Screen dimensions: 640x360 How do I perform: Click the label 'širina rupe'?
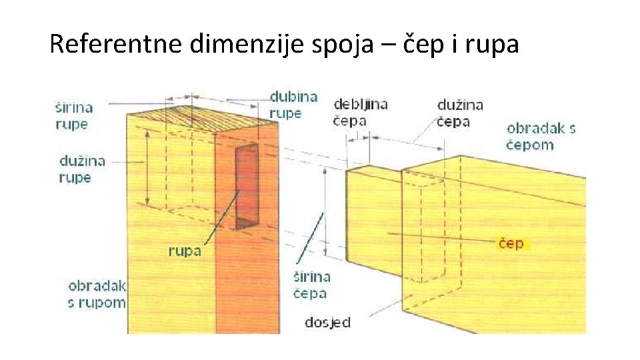73,115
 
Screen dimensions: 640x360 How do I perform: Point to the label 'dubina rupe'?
293,104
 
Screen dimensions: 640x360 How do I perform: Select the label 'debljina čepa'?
359,112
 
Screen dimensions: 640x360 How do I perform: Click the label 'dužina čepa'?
459,113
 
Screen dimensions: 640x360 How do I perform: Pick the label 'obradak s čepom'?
541,136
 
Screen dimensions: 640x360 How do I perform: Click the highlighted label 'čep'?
511,243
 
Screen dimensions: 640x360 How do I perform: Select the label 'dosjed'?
327,323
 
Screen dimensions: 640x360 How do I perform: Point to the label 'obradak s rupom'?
97,294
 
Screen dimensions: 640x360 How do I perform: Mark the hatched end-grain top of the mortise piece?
200,118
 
